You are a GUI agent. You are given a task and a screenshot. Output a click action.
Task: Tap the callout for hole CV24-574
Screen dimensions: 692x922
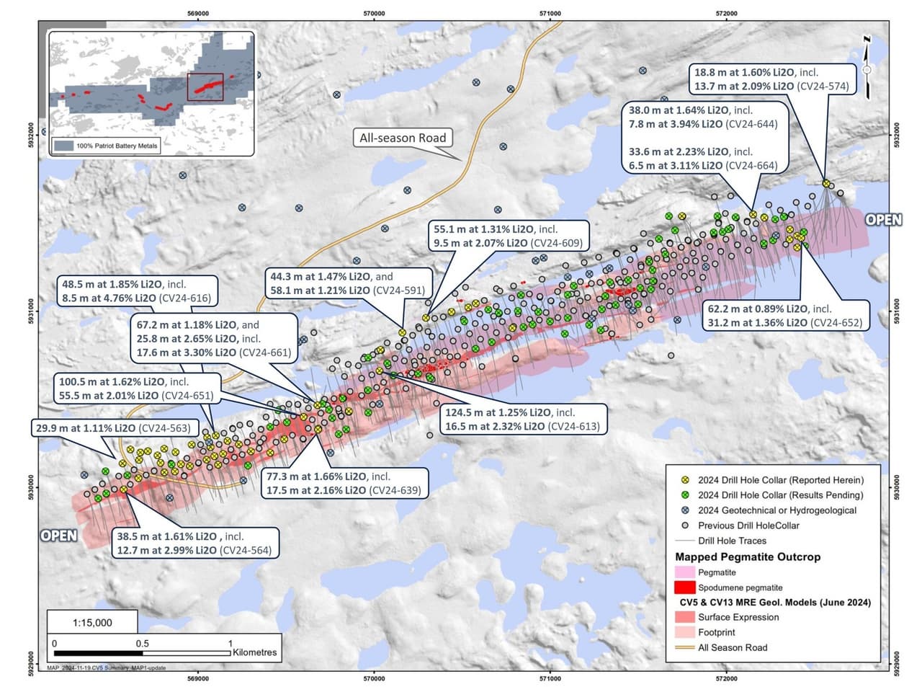[771, 79]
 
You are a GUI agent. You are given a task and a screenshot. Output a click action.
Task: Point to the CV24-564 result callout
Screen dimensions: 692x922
[194, 543]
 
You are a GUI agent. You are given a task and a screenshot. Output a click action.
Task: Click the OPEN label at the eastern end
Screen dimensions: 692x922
[883, 219]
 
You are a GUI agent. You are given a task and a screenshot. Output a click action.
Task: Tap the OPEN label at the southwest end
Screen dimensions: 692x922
[59, 536]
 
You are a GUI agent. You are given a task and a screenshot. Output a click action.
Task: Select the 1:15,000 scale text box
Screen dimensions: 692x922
[93, 622]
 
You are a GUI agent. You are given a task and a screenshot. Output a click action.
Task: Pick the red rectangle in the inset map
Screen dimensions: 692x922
[205, 86]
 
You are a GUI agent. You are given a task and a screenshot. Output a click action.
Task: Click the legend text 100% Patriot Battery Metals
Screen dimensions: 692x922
[117, 146]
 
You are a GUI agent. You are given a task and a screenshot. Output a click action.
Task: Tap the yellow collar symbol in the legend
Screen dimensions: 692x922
[686, 480]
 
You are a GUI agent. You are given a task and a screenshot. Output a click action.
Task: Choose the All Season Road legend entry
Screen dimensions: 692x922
[733, 647]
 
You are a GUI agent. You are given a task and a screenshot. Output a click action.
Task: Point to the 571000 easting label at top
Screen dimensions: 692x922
[550, 13]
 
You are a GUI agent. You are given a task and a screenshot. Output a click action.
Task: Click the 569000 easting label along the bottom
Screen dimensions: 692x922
[198, 678]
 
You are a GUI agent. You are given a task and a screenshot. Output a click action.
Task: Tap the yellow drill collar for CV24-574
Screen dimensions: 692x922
[826, 183]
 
